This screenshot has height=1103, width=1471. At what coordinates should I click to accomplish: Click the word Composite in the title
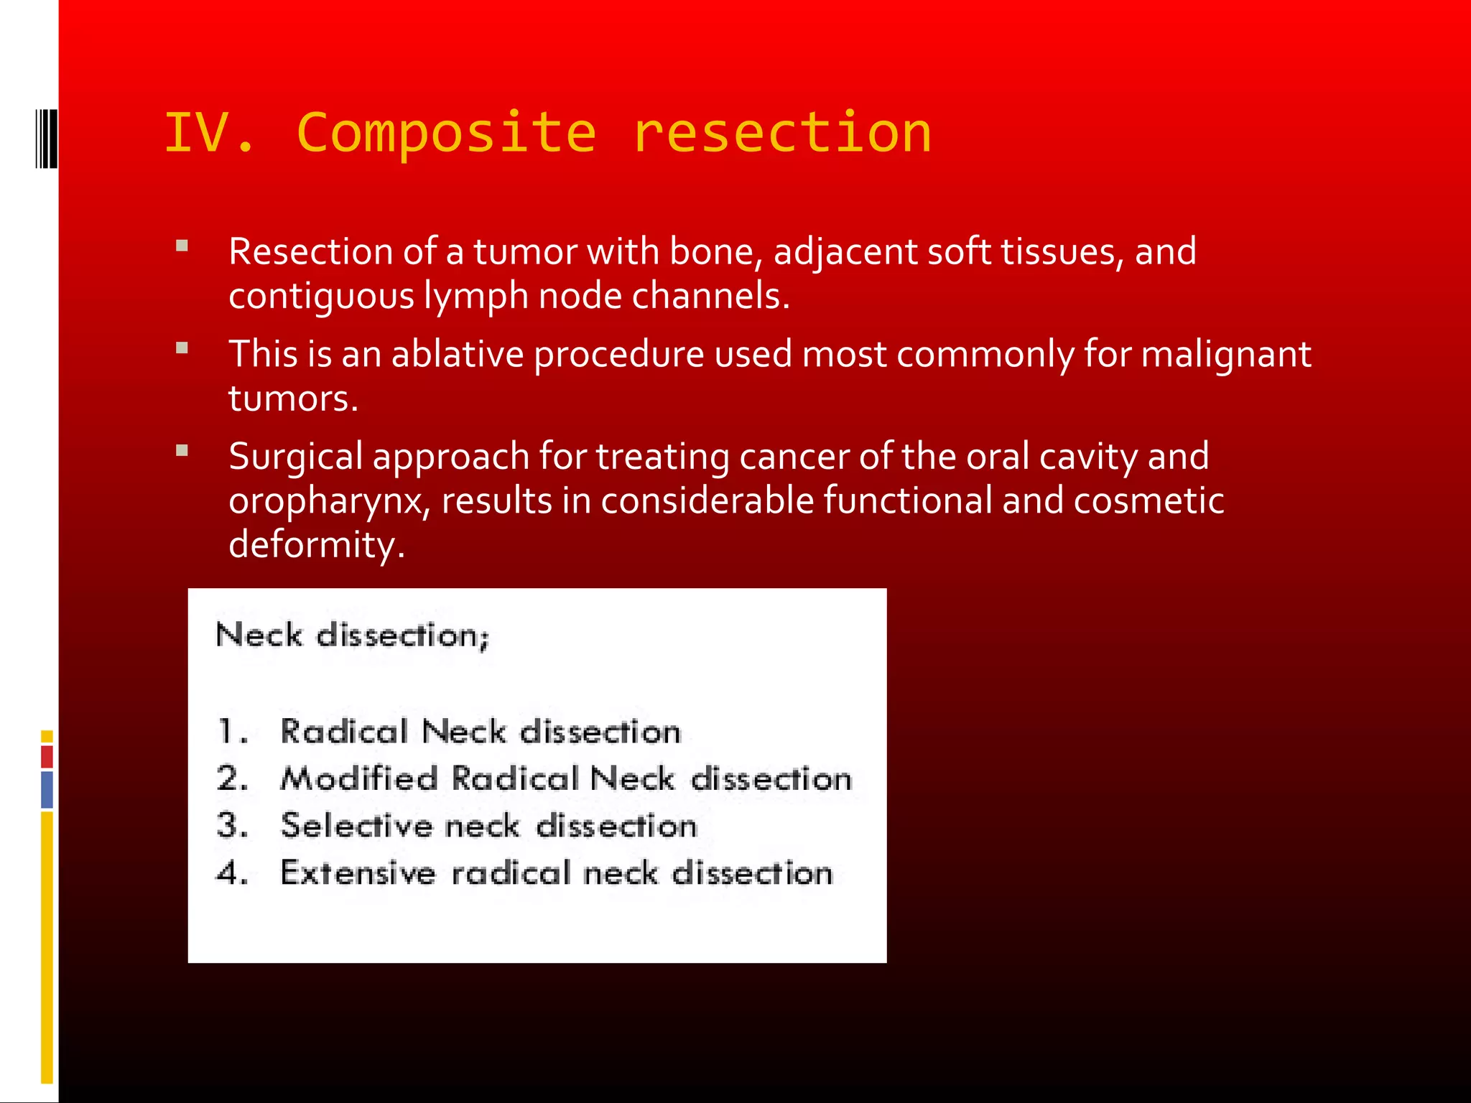coord(445,134)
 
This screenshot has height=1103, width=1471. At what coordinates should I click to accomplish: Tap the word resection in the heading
coord(781,134)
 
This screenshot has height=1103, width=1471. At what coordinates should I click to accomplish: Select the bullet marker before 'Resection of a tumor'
coord(182,246)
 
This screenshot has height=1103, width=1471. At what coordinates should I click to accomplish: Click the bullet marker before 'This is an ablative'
coord(182,348)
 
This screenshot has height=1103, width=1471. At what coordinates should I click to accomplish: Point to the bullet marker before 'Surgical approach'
coord(182,451)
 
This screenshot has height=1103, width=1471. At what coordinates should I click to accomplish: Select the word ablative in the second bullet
coord(457,354)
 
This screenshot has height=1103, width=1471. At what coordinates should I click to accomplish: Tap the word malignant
coord(1225,354)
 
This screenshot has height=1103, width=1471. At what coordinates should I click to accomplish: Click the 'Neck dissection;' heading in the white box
coord(352,636)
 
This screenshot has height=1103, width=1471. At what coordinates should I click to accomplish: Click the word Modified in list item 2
coord(359,779)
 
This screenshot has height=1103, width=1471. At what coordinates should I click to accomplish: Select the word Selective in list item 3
coord(356,826)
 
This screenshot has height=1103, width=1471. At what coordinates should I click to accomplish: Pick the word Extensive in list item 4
coord(358,873)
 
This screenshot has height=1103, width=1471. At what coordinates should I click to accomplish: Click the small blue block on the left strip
coord(47,789)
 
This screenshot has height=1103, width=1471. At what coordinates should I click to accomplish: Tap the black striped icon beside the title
coord(46,138)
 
